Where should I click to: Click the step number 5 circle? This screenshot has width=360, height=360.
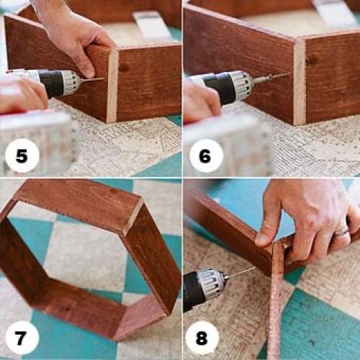22,156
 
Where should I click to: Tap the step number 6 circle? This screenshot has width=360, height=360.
206,156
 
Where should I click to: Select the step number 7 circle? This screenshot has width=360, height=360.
22,338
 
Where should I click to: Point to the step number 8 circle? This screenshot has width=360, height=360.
202,338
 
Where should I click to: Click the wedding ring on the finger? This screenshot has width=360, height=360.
343,232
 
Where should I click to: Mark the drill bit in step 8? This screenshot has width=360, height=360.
241,273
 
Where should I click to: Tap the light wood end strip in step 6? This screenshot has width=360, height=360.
300,81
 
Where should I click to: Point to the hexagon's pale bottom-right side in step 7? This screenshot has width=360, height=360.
142,317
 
